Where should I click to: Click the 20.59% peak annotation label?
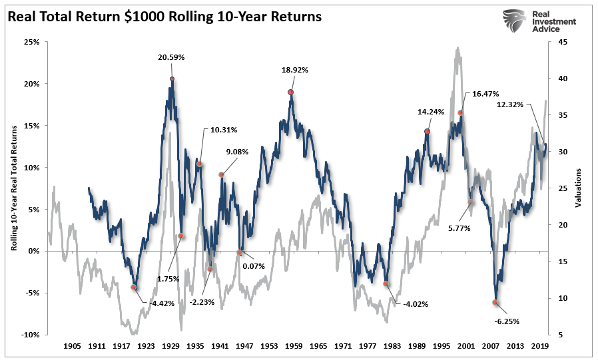171,58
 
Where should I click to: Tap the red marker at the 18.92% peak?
290,92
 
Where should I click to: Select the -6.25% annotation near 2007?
507,321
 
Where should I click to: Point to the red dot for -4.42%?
133,287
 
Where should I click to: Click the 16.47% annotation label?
485,94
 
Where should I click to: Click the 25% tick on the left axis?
31,42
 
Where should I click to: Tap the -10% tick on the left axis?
30,335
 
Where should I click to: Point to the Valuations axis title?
577,188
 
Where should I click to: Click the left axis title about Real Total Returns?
13,188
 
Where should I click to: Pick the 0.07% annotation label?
254,267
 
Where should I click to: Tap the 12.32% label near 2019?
510,104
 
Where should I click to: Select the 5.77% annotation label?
459,228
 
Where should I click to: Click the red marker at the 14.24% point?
427,131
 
